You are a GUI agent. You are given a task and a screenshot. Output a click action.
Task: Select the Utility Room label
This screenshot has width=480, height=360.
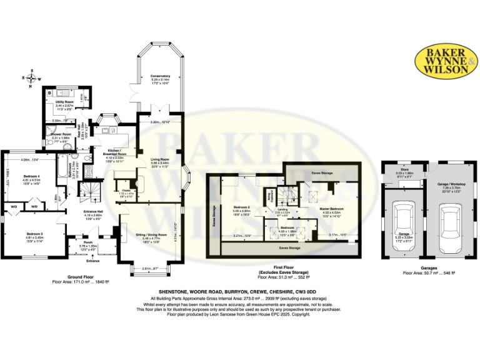tap(65, 101)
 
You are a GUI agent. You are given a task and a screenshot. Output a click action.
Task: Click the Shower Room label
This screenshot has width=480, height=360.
tap(61, 134)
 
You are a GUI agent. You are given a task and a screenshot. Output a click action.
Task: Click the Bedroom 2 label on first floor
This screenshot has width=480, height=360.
tap(242, 207)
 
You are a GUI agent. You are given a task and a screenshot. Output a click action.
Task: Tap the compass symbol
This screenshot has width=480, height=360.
tap(28, 78)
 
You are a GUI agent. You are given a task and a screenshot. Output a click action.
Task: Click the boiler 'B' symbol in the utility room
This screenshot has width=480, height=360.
tap(50, 92)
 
